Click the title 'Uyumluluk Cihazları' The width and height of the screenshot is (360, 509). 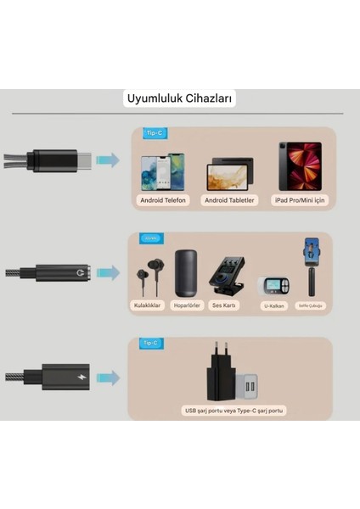tap(180, 98)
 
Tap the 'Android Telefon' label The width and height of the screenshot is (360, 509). tap(163, 200)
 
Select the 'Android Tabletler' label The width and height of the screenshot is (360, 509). tap(228, 200)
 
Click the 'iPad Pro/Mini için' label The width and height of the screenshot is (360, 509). tap(299, 200)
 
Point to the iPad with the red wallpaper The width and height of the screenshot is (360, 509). tap(300, 166)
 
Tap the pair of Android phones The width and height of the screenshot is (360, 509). tap(163, 171)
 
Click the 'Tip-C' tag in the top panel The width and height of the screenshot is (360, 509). tap(154, 133)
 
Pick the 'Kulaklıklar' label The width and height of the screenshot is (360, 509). tap(147, 305)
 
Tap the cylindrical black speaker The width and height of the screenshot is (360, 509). tap(187, 273)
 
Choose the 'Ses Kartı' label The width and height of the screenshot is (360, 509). tap(224, 305)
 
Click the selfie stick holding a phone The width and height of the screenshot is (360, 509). tap(312, 270)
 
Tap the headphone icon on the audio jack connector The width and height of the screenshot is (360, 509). tap(82, 274)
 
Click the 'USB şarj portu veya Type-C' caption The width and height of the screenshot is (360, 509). tap(234, 411)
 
